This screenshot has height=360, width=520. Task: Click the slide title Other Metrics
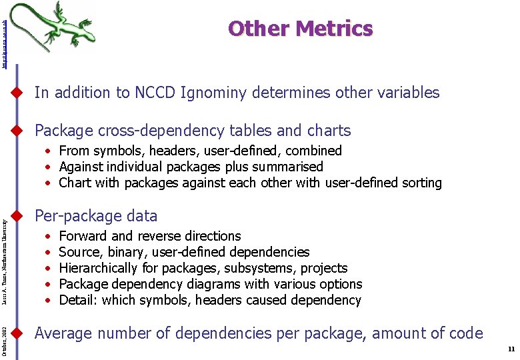(300, 29)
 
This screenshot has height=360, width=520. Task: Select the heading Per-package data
(96, 216)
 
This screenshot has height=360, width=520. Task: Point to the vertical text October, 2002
(5, 342)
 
